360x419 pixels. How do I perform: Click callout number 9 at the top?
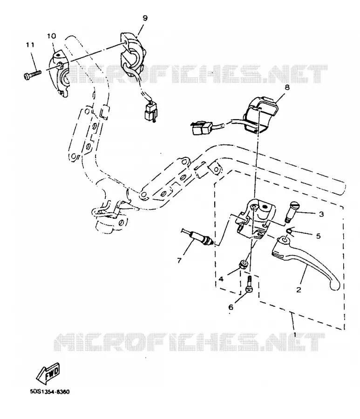(145, 18)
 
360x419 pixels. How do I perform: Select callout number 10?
(52, 36)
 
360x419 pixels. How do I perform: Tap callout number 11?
(30, 45)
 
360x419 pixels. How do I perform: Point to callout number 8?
(287, 88)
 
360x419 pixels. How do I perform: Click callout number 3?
(321, 214)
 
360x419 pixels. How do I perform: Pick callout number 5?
(318, 236)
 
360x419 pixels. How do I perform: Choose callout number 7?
(179, 260)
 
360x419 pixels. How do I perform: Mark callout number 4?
(221, 279)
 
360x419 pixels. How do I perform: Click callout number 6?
(231, 307)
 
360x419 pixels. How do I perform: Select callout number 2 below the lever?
(299, 290)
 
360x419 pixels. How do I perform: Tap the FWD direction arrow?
(48, 372)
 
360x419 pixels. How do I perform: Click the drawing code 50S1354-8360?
(50, 392)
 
